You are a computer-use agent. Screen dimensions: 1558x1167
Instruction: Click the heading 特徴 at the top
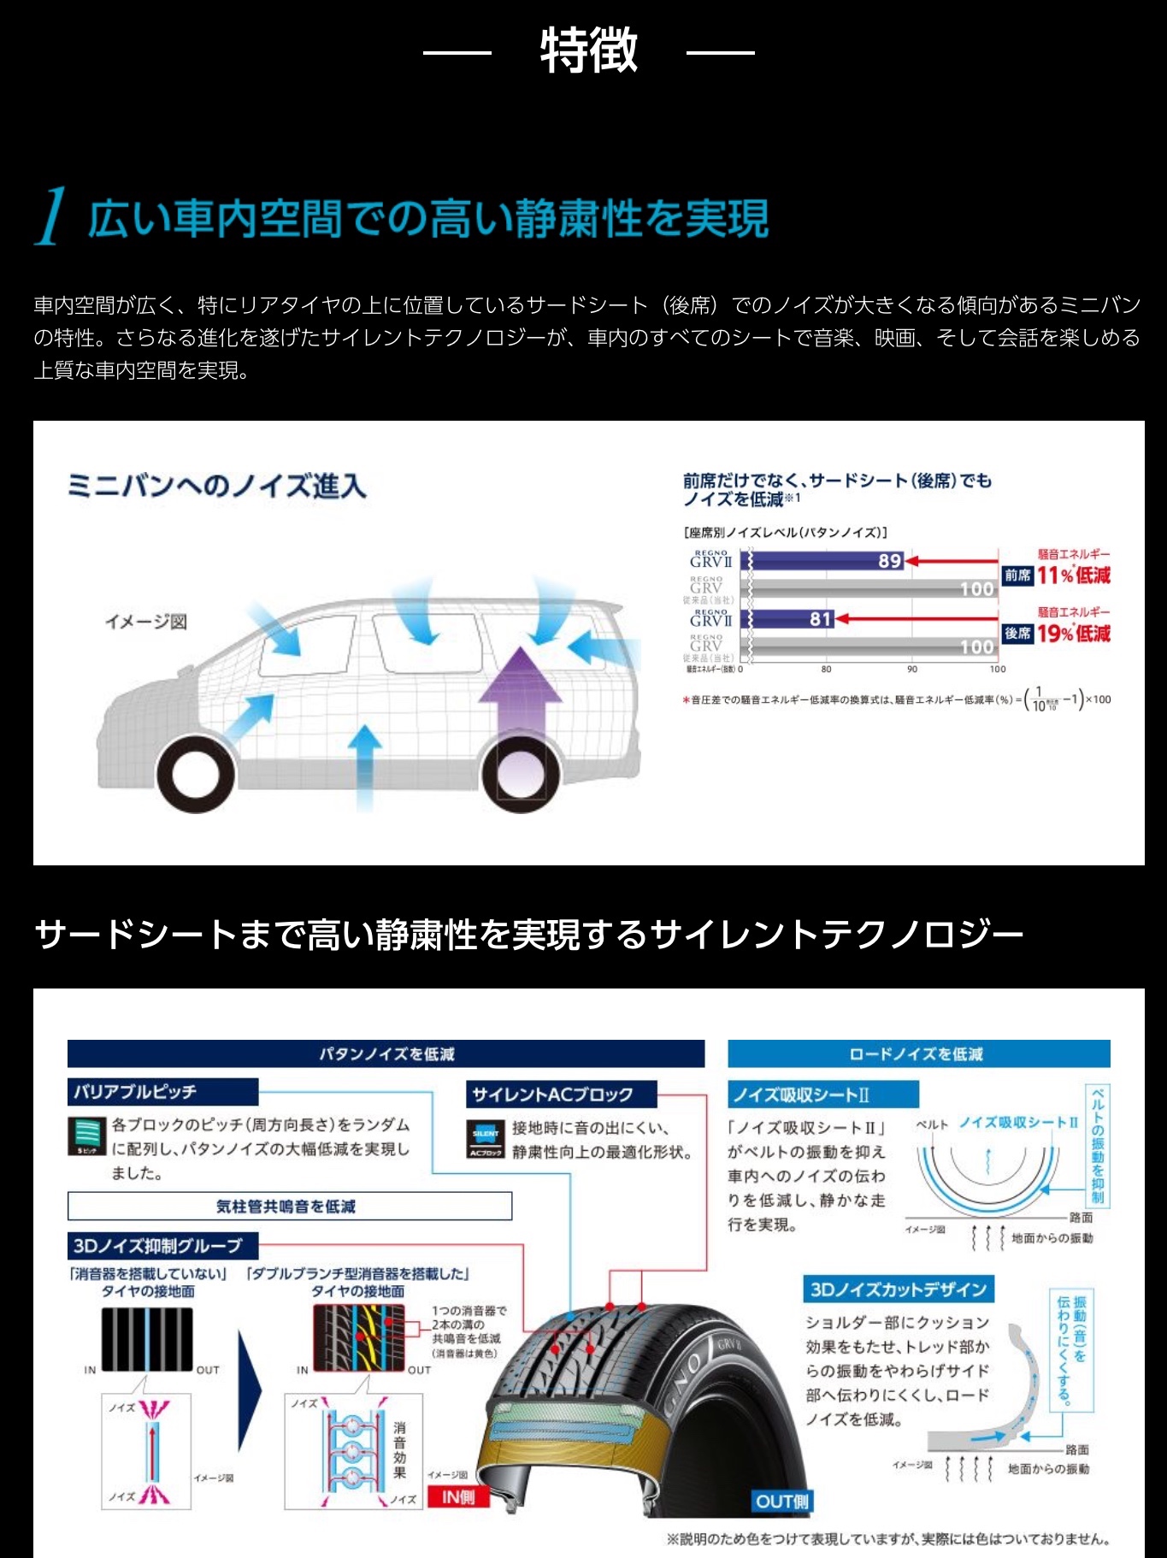pos(588,50)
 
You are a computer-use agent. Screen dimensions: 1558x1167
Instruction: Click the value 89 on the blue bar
pos(889,561)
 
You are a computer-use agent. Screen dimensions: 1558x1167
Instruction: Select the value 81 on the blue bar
pos(820,618)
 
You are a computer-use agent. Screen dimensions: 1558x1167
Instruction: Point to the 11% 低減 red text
pos(1073,575)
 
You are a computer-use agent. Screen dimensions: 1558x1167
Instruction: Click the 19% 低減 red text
pos(1073,634)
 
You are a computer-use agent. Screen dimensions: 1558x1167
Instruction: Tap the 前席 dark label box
pos(1017,575)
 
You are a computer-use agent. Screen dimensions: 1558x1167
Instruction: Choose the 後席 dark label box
pos(1017,634)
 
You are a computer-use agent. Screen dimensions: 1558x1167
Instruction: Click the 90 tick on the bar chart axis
pos(911,670)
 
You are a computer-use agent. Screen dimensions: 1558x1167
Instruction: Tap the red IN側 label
pos(457,1497)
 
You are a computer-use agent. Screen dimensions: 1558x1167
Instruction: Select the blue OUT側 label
pos(781,1502)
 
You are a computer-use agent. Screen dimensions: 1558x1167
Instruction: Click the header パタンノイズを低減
pos(386,1053)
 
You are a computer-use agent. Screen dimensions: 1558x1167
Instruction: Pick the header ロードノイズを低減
pos(918,1053)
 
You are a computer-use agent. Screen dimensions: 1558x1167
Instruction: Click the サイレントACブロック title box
pos(561,1095)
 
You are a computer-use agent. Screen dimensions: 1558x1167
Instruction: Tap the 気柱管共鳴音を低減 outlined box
pos(289,1206)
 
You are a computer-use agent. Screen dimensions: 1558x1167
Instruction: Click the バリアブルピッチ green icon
pos(87,1136)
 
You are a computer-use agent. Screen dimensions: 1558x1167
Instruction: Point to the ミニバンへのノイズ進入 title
pos(217,486)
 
